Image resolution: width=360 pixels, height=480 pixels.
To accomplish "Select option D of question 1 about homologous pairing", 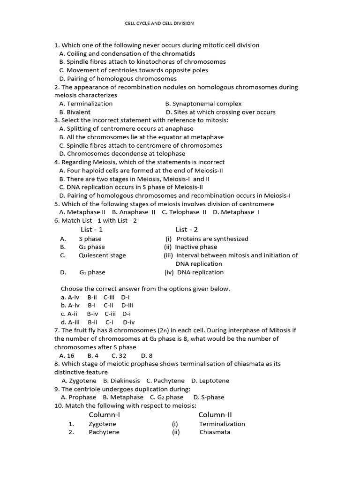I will (x=118, y=79).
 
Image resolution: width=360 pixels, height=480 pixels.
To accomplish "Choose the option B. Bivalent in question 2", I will (x=75, y=112).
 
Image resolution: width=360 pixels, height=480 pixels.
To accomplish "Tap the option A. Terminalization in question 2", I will (x=86, y=104).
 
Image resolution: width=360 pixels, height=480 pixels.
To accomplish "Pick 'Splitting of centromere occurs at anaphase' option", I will (x=126, y=128).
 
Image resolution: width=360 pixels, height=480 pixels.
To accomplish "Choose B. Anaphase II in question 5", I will (x=134, y=212).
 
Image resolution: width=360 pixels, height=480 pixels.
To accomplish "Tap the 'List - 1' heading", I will (x=92, y=230).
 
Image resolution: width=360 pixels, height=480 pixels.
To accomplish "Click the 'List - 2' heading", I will (x=187, y=230).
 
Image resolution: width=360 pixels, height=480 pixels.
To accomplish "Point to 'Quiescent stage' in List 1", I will (x=102, y=255).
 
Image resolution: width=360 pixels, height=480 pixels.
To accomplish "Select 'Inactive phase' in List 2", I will (x=195, y=247).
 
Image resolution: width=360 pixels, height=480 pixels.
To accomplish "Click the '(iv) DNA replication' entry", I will (x=194, y=272).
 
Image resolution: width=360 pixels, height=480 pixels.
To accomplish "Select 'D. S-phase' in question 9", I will (x=209, y=397).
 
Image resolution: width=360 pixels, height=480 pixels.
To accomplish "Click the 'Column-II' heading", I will (x=215, y=415).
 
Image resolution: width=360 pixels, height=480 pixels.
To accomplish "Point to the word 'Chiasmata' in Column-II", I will (x=215, y=432).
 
